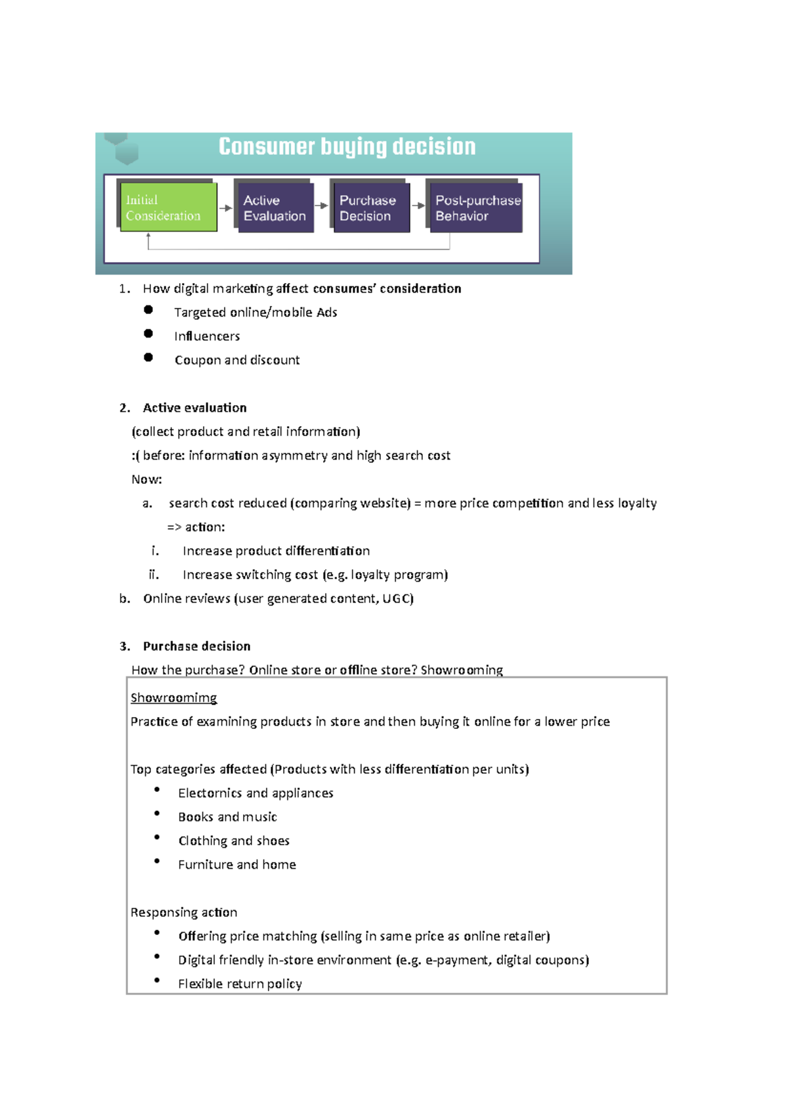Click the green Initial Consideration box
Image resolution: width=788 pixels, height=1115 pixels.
click(x=167, y=208)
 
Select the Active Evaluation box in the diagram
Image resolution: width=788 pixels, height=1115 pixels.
click(x=274, y=208)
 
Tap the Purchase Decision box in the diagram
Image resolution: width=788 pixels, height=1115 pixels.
click(x=370, y=208)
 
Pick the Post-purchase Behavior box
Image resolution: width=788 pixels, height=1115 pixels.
click(x=475, y=208)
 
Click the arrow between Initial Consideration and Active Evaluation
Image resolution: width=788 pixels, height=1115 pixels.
click(x=225, y=208)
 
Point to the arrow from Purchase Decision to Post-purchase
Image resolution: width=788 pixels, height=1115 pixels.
click(x=418, y=206)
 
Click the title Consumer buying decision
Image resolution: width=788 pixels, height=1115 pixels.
click(x=347, y=146)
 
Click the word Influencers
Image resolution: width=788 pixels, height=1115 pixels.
click(x=207, y=336)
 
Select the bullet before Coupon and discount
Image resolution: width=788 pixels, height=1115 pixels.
click(x=148, y=357)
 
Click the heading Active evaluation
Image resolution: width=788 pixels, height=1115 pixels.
click(x=194, y=408)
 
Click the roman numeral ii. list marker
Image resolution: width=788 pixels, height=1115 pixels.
click(x=154, y=575)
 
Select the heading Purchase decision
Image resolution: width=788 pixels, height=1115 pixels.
click(x=196, y=646)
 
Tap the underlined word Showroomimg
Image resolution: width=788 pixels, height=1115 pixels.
click(x=173, y=697)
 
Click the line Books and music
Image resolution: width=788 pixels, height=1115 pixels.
click(x=227, y=817)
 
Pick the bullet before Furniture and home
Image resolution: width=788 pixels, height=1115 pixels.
click(x=157, y=861)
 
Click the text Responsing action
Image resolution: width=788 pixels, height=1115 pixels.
click(x=184, y=912)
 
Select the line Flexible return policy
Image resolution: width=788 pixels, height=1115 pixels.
click(x=240, y=984)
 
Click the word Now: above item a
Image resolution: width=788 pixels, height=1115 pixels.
click(x=146, y=479)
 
